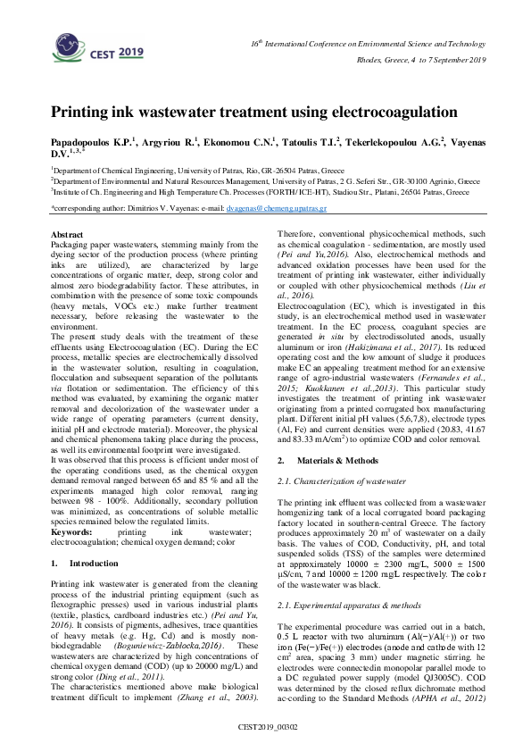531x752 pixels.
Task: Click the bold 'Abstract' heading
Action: pyautogui.click(x=71, y=234)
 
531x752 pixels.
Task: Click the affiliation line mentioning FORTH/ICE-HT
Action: pyautogui.click(x=259, y=191)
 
